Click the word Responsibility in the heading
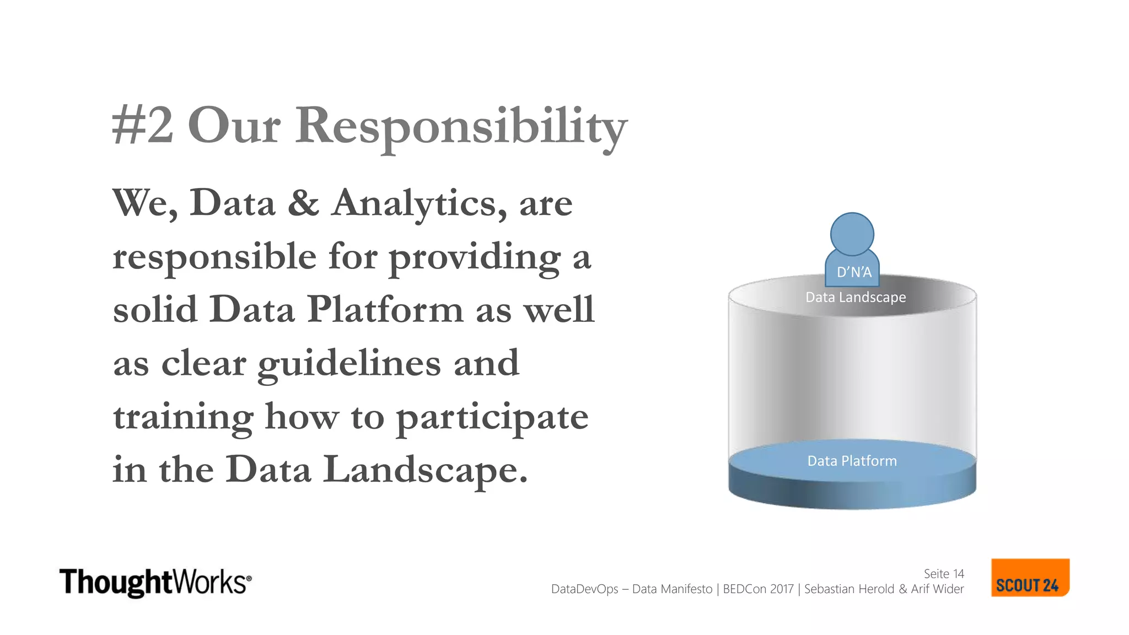(x=461, y=127)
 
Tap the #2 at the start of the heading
(x=142, y=127)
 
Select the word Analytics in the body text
(x=419, y=204)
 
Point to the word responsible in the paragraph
(x=214, y=257)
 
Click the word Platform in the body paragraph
(x=385, y=309)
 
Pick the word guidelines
(x=349, y=364)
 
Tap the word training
(x=183, y=417)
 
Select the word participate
(x=492, y=417)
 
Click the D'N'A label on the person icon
(x=854, y=272)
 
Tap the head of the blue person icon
(x=852, y=234)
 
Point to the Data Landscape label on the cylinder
(x=856, y=297)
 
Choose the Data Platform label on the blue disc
(x=852, y=461)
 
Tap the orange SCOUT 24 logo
(x=1030, y=578)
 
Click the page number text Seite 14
(x=944, y=574)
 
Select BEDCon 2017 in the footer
(x=758, y=589)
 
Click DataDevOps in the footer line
(x=584, y=589)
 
